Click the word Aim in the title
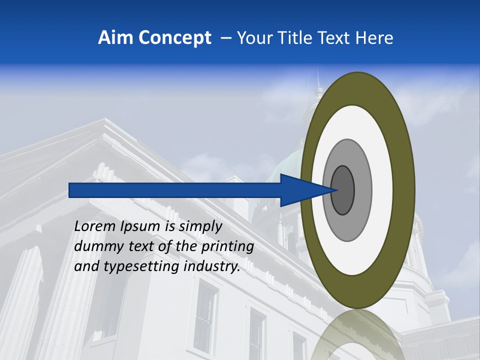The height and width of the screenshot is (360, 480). [115, 38]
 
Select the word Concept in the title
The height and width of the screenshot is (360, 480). [174, 38]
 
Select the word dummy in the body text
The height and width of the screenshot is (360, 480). [96, 246]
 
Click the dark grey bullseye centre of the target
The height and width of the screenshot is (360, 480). [343, 190]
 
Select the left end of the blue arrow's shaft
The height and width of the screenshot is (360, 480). [70, 190]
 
